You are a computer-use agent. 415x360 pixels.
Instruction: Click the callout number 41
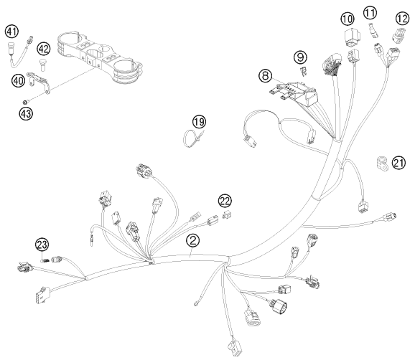click(x=12, y=32)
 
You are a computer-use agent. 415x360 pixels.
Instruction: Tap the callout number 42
click(x=43, y=49)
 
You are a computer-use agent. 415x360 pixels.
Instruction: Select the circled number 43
click(x=26, y=114)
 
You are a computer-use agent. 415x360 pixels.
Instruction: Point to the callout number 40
click(x=18, y=81)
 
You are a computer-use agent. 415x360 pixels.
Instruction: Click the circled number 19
click(x=199, y=122)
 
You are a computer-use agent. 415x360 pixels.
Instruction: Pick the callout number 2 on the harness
click(x=193, y=240)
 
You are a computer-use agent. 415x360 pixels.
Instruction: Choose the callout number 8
click(x=266, y=75)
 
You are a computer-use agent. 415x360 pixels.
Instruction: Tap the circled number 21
click(x=398, y=163)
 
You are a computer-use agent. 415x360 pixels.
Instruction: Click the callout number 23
click(x=42, y=245)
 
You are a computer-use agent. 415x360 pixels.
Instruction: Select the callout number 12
click(x=402, y=19)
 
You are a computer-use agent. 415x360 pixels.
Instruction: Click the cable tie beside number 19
click(x=194, y=138)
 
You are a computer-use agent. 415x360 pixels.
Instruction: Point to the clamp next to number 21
click(x=382, y=164)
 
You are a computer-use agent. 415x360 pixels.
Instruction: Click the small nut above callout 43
click(x=24, y=102)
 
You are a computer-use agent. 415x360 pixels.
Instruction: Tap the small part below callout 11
click(x=373, y=30)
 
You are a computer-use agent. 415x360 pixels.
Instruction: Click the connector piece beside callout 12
click(x=398, y=35)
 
